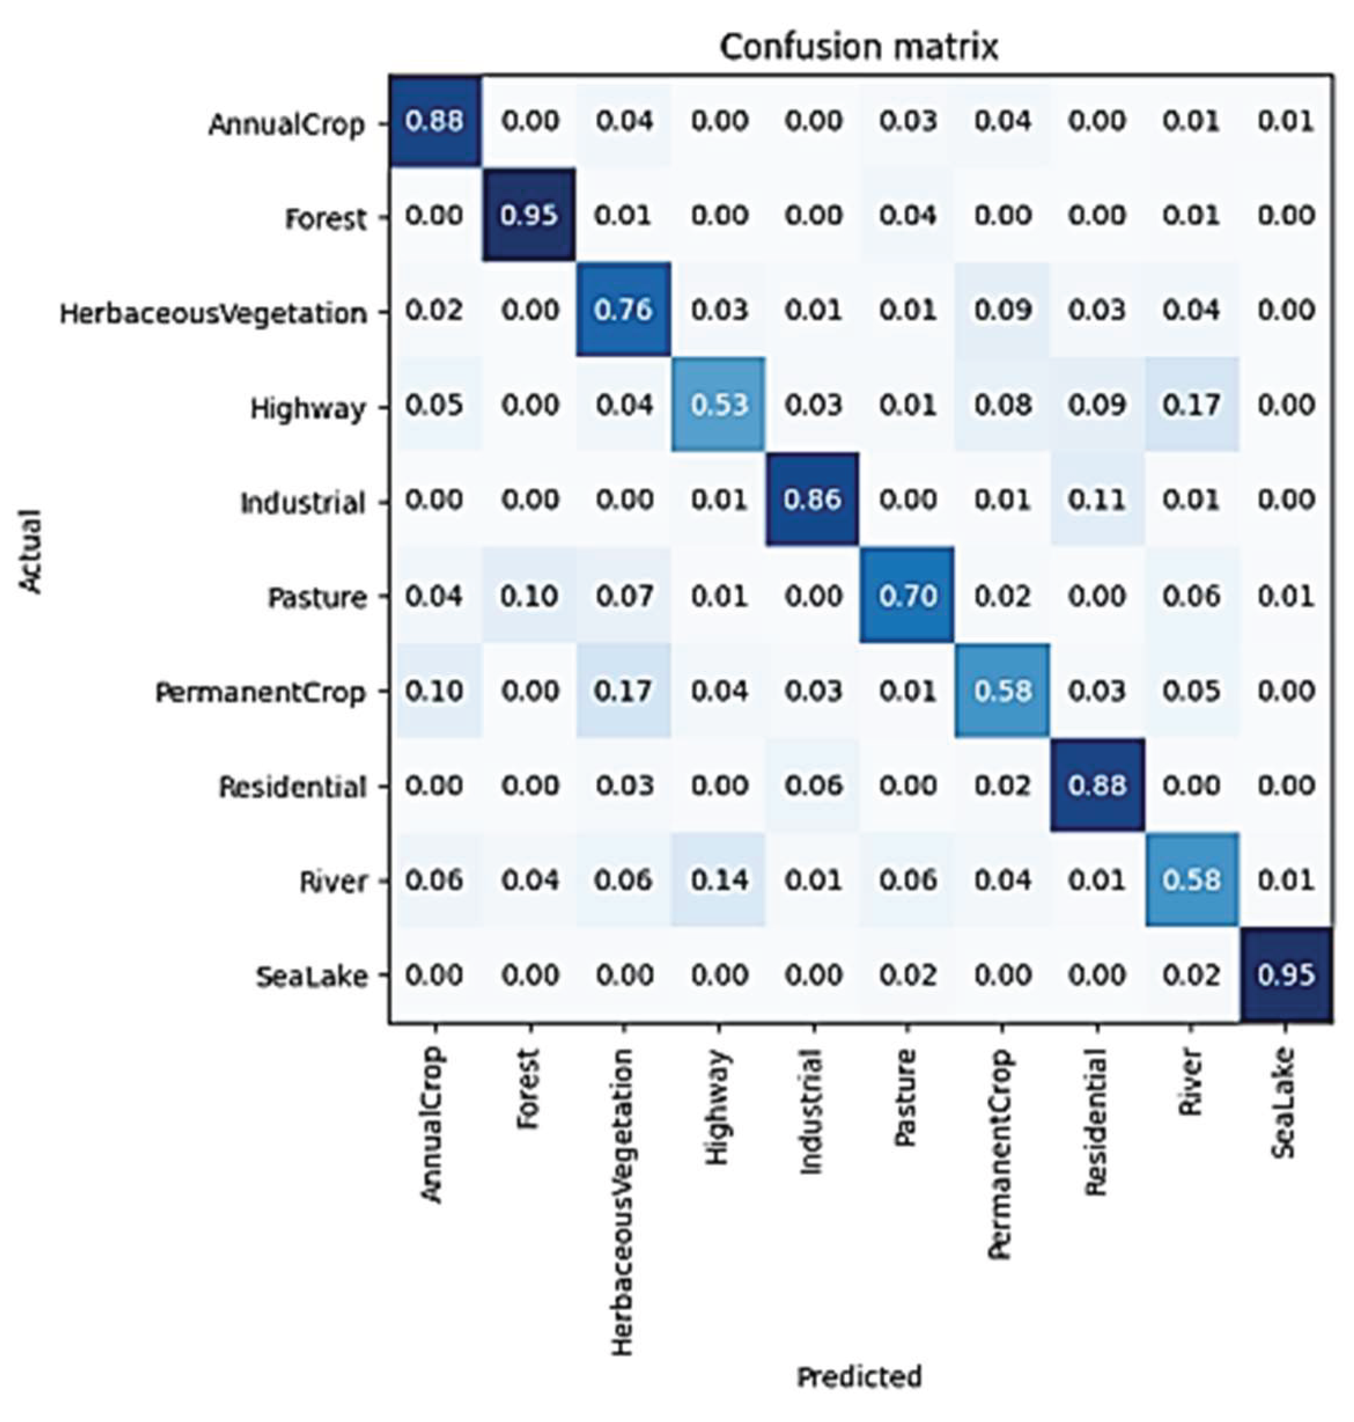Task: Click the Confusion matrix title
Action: (x=859, y=47)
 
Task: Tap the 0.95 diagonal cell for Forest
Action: (x=529, y=215)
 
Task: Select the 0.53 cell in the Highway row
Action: (x=719, y=405)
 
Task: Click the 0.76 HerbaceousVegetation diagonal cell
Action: (x=623, y=310)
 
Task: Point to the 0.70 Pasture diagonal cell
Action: (x=908, y=596)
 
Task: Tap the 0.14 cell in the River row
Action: (x=719, y=880)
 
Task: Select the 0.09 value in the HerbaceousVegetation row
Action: (x=1002, y=310)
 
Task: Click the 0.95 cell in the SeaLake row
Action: (x=1286, y=976)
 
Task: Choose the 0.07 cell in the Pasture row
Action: (x=623, y=596)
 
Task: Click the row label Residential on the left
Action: (x=292, y=787)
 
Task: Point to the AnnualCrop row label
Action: (x=286, y=125)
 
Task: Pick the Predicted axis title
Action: (x=859, y=1376)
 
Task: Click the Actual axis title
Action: (x=30, y=551)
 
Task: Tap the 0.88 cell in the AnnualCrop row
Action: (x=434, y=120)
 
